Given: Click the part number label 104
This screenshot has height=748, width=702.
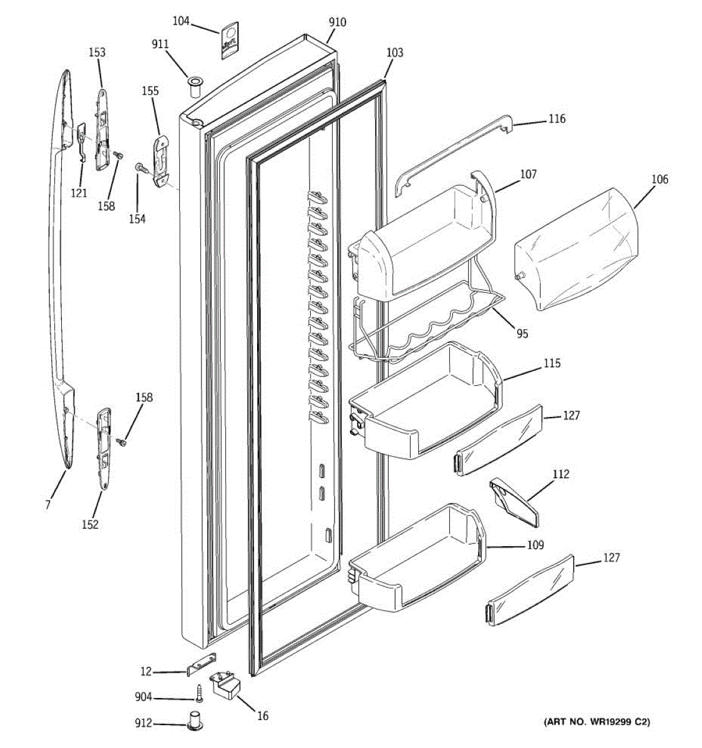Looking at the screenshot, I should click(x=181, y=22).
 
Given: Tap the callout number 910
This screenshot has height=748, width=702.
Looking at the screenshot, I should click(x=337, y=22).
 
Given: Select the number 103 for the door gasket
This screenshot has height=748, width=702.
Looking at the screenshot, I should click(x=394, y=53).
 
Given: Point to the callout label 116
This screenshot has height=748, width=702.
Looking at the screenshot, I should click(x=557, y=118).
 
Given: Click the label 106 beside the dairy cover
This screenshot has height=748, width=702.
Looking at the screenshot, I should click(x=660, y=180).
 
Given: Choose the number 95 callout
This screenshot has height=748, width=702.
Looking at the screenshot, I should click(x=522, y=333).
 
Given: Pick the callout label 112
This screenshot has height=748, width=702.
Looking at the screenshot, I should click(x=561, y=475).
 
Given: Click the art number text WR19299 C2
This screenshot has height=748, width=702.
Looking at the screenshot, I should click(x=597, y=722).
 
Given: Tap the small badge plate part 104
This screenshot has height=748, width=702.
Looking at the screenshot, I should click(x=229, y=41).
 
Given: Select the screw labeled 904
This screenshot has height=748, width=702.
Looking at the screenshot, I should click(x=199, y=692).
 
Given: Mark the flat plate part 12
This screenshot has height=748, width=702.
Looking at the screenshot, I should click(x=202, y=664).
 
